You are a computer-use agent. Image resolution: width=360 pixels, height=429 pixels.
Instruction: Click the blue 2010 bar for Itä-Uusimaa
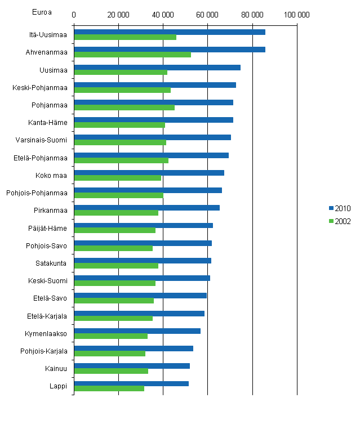pyautogui.click(x=169, y=32)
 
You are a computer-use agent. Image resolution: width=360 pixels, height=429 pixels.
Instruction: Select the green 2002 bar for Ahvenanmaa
pyautogui.click(x=132, y=55)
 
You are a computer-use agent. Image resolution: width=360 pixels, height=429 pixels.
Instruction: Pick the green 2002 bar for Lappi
pyautogui.click(x=109, y=388)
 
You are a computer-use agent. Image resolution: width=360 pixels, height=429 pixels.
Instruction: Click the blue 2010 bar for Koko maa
pyautogui.click(x=149, y=173)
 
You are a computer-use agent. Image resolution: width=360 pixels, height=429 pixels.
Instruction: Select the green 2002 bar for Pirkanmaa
pyautogui.click(x=116, y=213)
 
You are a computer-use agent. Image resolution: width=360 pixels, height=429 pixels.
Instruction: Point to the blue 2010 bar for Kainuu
pyautogui.click(x=131, y=366)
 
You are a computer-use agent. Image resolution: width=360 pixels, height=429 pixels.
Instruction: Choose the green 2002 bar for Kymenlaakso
pyautogui.click(x=110, y=336)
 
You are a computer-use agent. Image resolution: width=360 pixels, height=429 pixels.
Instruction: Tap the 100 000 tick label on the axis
pyautogui.click(x=296, y=15)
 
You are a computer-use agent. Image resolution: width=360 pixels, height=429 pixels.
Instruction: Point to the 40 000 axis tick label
pyautogui.click(x=163, y=15)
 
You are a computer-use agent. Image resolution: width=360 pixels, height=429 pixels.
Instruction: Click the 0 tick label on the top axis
pyautogui.click(x=74, y=15)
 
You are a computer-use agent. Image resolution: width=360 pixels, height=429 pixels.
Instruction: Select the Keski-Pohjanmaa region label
pyautogui.click(x=40, y=87)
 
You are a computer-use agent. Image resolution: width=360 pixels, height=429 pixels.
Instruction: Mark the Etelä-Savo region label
pyautogui.click(x=51, y=298)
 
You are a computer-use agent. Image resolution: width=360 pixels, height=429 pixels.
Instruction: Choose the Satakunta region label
pyautogui.click(x=51, y=263)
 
